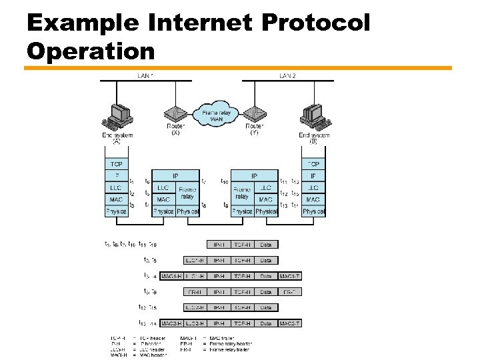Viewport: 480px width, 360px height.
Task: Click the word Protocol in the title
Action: (315, 23)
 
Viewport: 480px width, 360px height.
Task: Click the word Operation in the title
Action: (91, 51)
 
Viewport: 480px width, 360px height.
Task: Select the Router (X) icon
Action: (175, 115)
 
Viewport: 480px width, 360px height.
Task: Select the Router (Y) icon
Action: (253, 115)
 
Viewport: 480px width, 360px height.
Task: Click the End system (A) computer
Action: (117, 116)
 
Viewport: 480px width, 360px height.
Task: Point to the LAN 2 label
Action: (287, 75)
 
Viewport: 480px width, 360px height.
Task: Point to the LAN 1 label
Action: (145, 75)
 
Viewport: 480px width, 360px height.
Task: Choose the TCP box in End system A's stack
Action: (116, 164)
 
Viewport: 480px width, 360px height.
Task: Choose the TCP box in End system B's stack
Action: (313, 164)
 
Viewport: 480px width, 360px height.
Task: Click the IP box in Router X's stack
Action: (175, 176)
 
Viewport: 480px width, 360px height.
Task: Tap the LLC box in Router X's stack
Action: (163, 188)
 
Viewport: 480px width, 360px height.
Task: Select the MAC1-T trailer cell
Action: (290, 276)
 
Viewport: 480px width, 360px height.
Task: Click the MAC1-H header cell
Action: (173, 276)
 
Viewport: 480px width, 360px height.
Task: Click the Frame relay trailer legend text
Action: (233, 349)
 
